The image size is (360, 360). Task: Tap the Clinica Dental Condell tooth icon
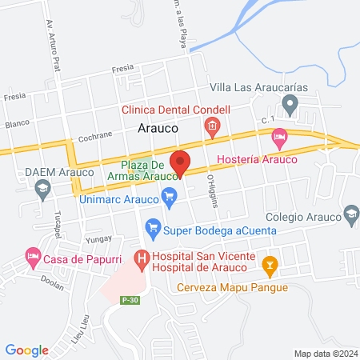pyautogui.click(x=212, y=125)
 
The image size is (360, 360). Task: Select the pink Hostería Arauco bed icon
pyautogui.click(x=278, y=138)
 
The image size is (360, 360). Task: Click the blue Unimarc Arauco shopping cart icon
pyautogui.click(x=169, y=195)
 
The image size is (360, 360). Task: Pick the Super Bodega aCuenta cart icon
pyautogui.click(x=153, y=230)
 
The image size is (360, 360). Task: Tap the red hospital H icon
pyautogui.click(x=142, y=258)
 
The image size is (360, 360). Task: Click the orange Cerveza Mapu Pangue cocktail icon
pyautogui.click(x=270, y=263)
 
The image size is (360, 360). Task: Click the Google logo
pyautogui.click(x=27, y=350)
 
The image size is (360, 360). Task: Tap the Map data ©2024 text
pyautogui.click(x=325, y=353)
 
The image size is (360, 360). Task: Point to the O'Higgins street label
pyautogui.click(x=213, y=190)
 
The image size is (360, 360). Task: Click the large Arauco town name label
pyautogui.click(x=157, y=126)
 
